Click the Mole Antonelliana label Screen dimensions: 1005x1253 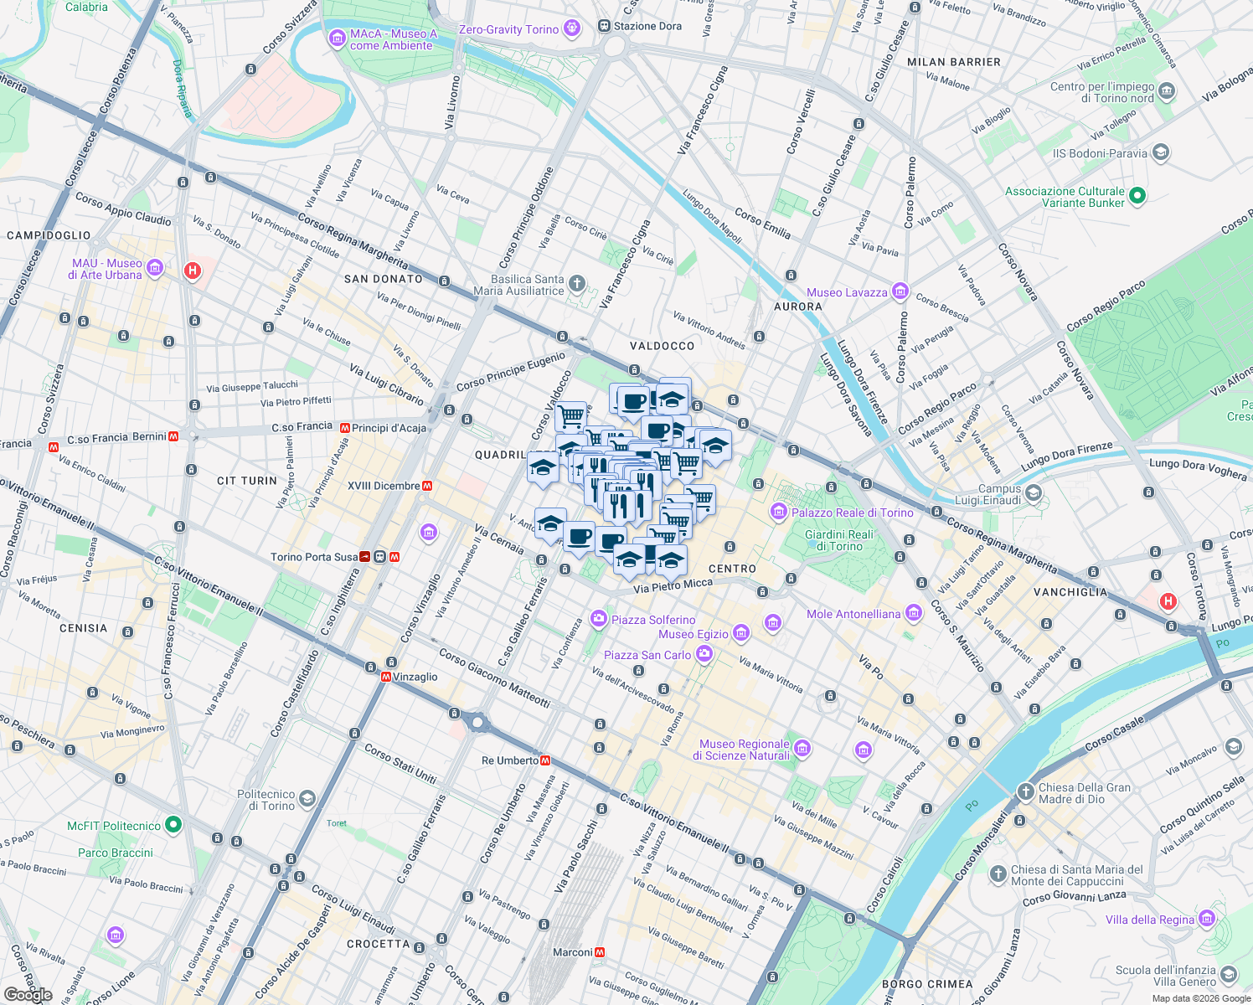click(x=853, y=614)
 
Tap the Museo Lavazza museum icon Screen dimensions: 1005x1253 click(x=900, y=291)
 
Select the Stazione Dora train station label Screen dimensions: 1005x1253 click(x=647, y=26)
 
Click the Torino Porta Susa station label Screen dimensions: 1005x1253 click(x=314, y=557)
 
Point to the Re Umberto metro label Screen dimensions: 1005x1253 click(x=510, y=760)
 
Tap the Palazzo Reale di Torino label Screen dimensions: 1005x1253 click(x=852, y=513)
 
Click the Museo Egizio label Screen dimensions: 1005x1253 click(x=694, y=634)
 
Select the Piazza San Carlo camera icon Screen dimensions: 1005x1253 click(x=704, y=654)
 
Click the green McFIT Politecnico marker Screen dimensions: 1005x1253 click(x=173, y=825)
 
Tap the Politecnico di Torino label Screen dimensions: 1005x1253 click(x=266, y=800)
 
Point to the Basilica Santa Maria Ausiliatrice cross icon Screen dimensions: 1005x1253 click(x=577, y=284)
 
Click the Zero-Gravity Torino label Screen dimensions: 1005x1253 click(x=508, y=29)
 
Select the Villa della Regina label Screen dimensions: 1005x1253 click(x=1149, y=920)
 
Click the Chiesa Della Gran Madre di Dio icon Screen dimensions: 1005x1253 click(x=1026, y=791)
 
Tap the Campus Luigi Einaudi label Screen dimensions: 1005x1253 click(x=989, y=494)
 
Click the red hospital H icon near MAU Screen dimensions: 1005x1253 click(x=193, y=271)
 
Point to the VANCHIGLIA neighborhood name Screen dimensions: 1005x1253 click(x=1070, y=592)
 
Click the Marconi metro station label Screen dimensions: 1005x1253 click(x=573, y=952)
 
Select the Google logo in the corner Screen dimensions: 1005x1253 click(x=28, y=995)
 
